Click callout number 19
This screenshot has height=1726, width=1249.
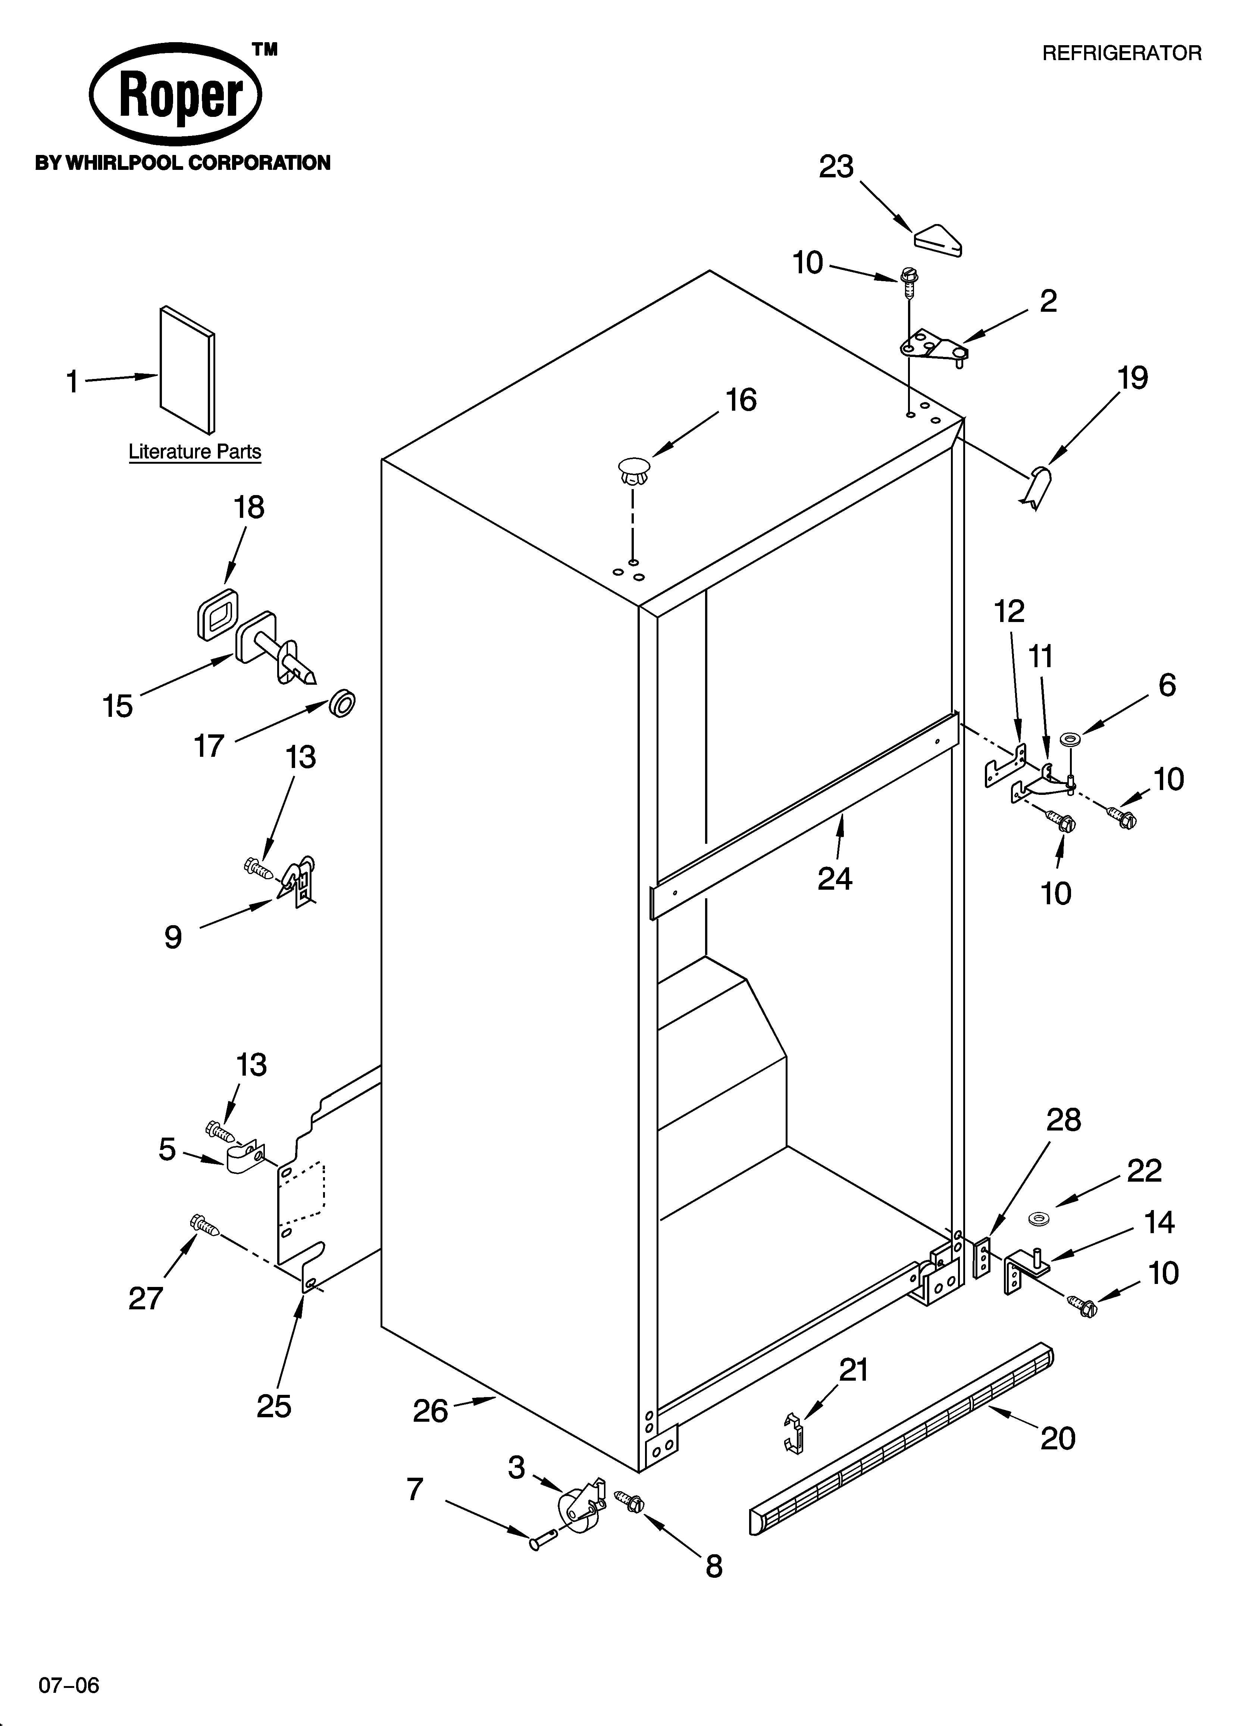coord(1133,378)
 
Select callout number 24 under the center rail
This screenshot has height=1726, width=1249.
coord(835,879)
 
